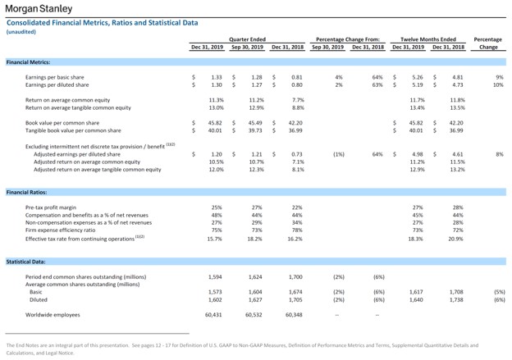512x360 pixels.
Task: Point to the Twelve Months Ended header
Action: [x=428, y=39]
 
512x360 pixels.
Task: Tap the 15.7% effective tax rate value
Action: [x=215, y=238]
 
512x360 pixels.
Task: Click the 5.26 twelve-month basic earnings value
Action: [x=418, y=76]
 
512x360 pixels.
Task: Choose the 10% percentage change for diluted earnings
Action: [x=497, y=84]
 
